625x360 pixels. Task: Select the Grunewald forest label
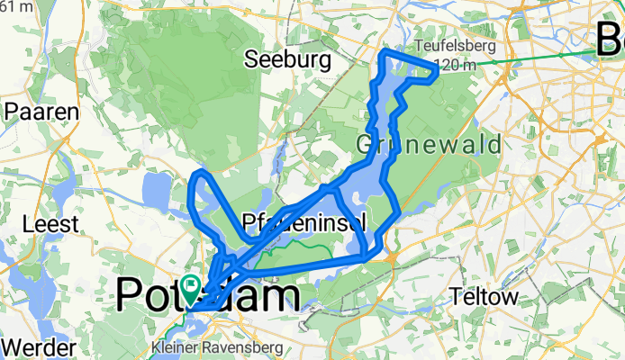pyautogui.click(x=415, y=144)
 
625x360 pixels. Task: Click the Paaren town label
pyautogui.click(x=42, y=112)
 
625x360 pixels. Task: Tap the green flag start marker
pyautogui.click(x=192, y=286)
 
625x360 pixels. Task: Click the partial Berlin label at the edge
pyautogui.click(x=610, y=40)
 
